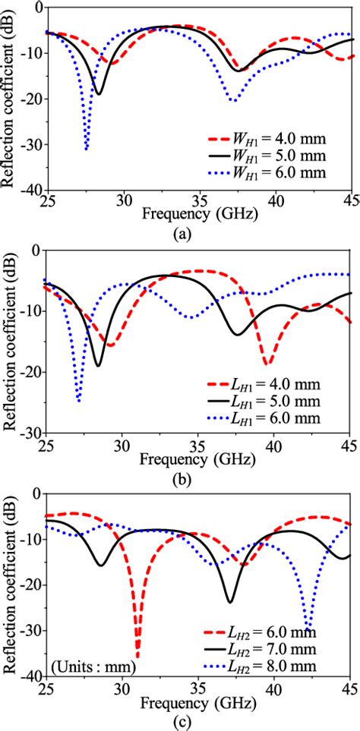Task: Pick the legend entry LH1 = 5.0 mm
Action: tap(269, 402)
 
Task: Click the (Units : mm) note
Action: tap(95, 667)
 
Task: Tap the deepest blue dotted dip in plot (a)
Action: tap(87, 149)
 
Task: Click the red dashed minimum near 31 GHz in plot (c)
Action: tap(137, 657)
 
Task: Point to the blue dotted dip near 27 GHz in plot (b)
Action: tap(78, 400)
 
